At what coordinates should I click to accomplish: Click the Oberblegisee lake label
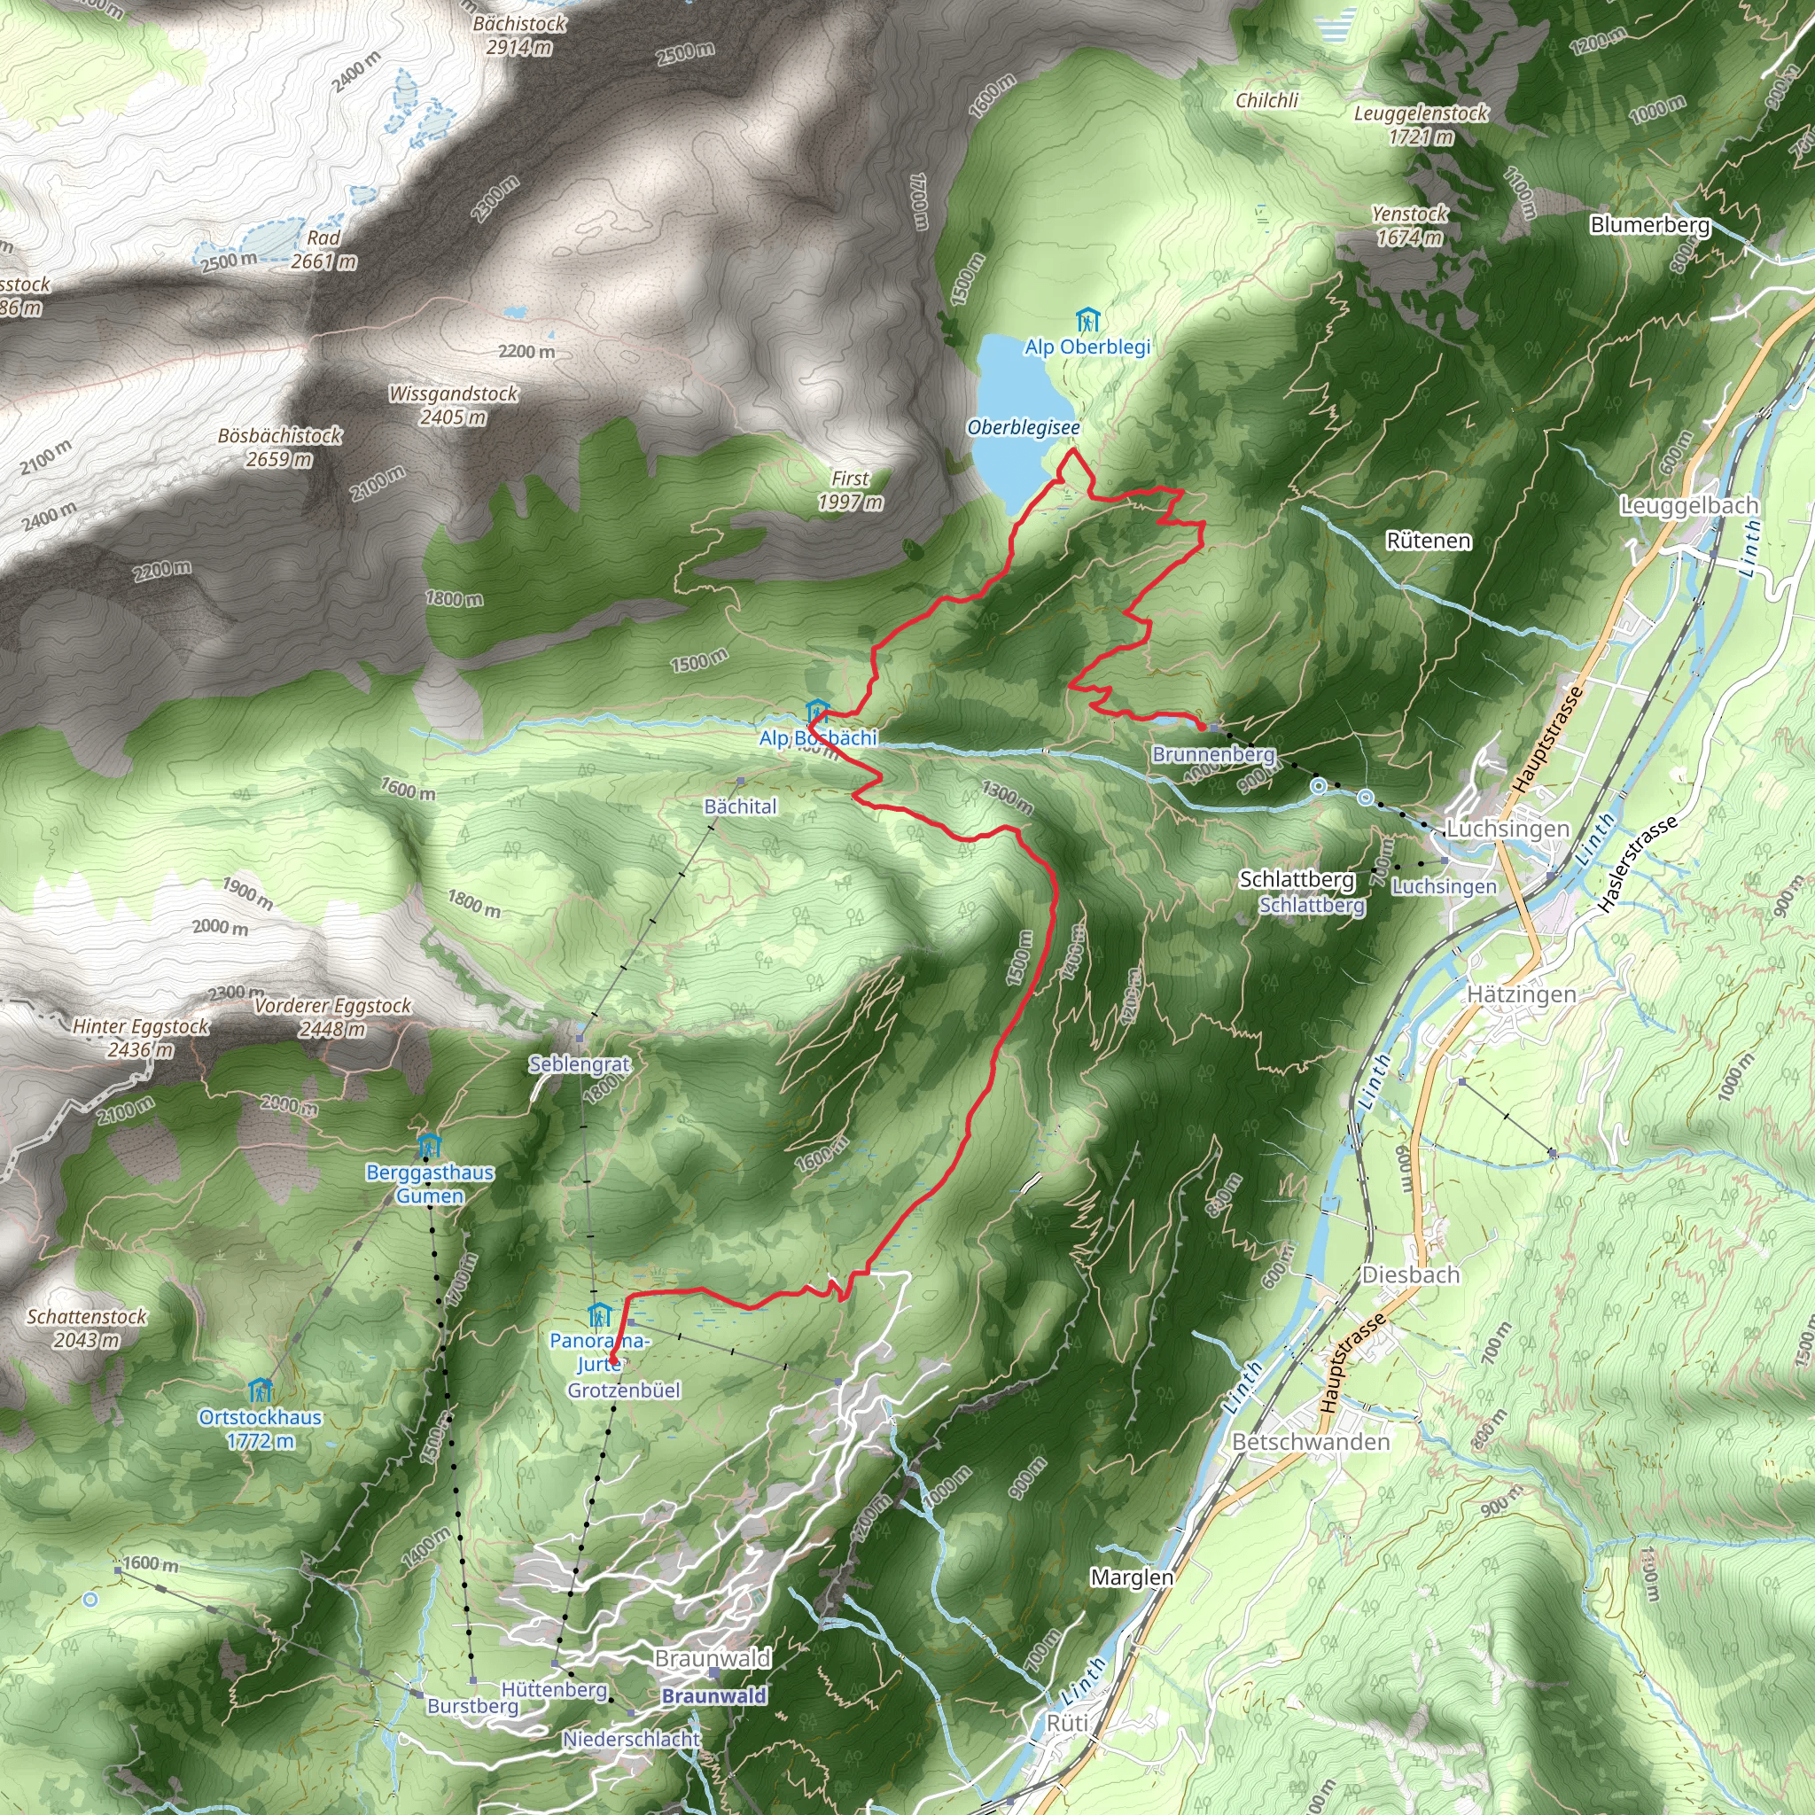click(x=1023, y=428)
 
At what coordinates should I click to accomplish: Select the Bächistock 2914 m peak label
click(x=519, y=35)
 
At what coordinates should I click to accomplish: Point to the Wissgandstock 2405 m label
click(x=454, y=405)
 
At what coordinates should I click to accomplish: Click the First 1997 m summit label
click(x=850, y=490)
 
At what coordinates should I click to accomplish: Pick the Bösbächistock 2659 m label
click(x=280, y=448)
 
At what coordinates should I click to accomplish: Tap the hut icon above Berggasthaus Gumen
click(x=428, y=1146)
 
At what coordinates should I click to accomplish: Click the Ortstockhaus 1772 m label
click(x=261, y=1429)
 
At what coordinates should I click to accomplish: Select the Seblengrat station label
click(x=580, y=1064)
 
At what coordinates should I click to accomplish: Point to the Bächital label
click(x=740, y=806)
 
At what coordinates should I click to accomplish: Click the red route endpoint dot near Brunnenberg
click(x=1202, y=725)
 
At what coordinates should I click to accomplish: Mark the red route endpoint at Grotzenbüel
click(x=612, y=1359)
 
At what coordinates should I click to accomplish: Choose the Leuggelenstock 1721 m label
click(x=1421, y=124)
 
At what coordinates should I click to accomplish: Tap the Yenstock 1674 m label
click(x=1409, y=225)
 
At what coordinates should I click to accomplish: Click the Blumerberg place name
click(x=1649, y=225)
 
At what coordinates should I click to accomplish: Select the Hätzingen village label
click(x=1521, y=994)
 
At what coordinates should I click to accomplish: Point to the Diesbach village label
click(x=1411, y=1274)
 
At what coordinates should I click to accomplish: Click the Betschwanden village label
click(x=1311, y=1442)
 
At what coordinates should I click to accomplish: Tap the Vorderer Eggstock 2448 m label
click(x=332, y=1017)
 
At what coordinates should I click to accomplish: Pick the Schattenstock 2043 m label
click(x=87, y=1328)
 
